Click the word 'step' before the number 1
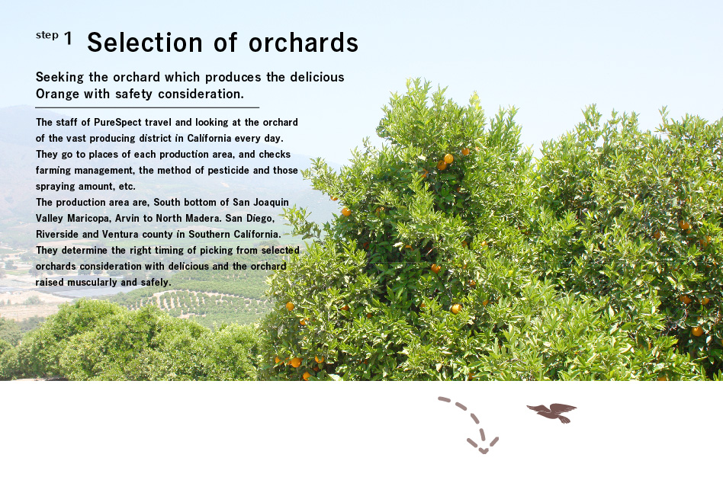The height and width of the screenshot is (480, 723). [x=47, y=37]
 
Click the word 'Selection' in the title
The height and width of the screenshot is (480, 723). [x=143, y=43]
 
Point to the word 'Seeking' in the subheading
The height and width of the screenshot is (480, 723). [x=58, y=78]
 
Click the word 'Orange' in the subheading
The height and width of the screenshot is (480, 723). [x=56, y=94]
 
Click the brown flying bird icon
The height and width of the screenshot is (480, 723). [x=552, y=412]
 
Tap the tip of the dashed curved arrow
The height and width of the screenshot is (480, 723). [x=482, y=450]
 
